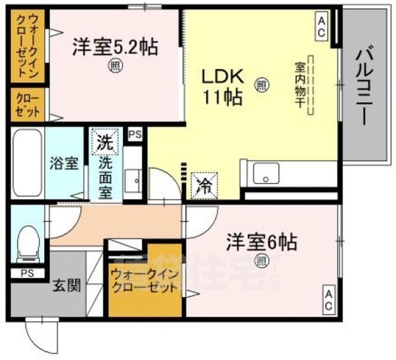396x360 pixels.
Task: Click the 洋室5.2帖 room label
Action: pos(115,47)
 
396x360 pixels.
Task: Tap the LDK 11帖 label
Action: pos(220,86)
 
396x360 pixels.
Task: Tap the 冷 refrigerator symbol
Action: pos(202,184)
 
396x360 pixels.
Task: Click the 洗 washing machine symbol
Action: pos(104,142)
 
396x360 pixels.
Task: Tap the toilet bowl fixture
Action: pos(28,241)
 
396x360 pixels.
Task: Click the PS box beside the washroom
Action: pos(136,135)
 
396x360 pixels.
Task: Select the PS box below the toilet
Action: pos(27,272)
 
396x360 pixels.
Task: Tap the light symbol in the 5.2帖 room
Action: pos(115,64)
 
